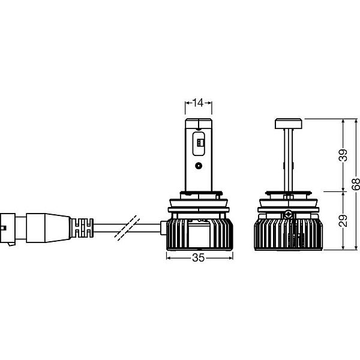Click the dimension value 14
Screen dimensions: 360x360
pos(197,103)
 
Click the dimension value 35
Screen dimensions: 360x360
pos(198,257)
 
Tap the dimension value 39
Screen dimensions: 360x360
pos(343,155)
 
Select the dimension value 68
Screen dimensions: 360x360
pos(356,184)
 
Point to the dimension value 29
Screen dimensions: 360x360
pos(343,221)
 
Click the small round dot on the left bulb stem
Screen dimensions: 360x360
pos(199,166)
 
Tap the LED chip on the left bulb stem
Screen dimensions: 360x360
pos(200,143)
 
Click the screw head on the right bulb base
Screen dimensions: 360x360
pos(288,215)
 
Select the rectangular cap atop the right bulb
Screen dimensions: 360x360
pos(289,124)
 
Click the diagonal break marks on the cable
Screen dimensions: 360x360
pos(127,228)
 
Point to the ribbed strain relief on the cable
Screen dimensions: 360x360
pos(82,227)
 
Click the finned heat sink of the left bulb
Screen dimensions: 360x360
pos(199,234)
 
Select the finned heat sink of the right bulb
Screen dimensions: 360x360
pos(288,235)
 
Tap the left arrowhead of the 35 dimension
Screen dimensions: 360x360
pos(168,258)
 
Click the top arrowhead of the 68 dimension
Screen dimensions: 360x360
pos(356,121)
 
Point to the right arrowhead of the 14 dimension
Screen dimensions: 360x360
pos(209,103)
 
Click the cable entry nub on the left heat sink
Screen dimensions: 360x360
pos(163,228)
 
